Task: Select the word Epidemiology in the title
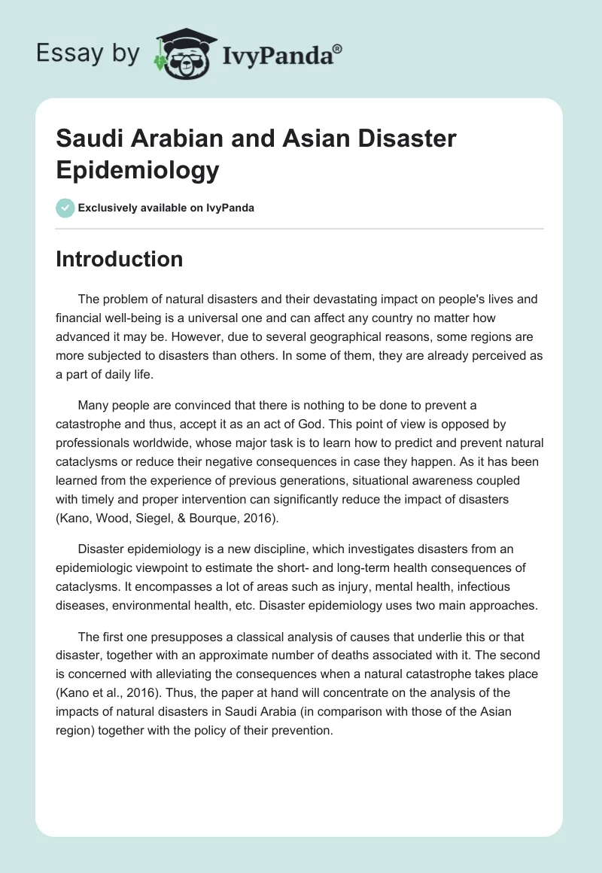click(x=138, y=170)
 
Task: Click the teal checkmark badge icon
click(x=65, y=208)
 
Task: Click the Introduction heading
click(x=119, y=259)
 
